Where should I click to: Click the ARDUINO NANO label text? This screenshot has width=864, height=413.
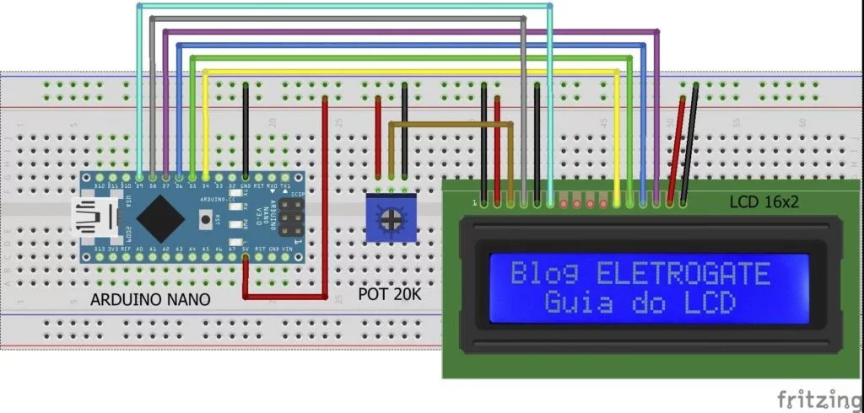(151, 299)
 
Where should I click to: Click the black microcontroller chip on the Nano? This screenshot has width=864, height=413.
(160, 219)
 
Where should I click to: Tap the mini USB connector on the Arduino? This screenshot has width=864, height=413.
(94, 219)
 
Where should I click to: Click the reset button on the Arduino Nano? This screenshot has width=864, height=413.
(206, 219)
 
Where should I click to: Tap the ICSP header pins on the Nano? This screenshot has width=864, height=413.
(294, 218)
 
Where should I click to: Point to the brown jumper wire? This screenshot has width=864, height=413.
(451, 125)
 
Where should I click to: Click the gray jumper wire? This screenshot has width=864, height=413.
(337, 18)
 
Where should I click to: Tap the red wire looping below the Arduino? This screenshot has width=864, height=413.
(287, 296)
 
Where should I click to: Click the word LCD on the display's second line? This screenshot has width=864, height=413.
(705, 302)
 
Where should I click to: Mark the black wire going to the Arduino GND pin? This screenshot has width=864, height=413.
(246, 126)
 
